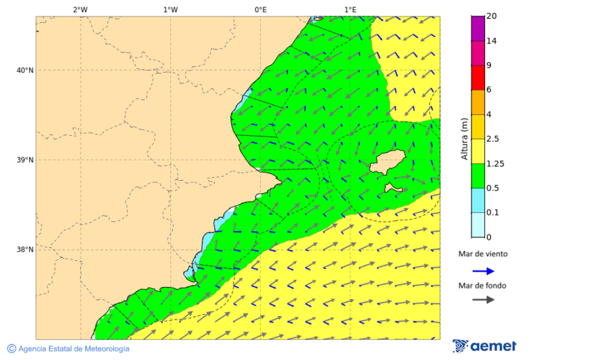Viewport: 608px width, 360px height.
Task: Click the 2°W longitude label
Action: pyautogui.click(x=80, y=9)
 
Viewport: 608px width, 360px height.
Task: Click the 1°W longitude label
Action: pyautogui.click(x=170, y=9)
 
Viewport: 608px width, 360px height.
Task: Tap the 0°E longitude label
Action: pyautogui.click(x=260, y=9)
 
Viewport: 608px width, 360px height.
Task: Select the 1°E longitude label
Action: pyautogui.click(x=350, y=9)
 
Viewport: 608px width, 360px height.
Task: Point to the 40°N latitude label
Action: pyautogui.click(x=25, y=70)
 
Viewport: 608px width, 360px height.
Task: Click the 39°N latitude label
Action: pyautogui.click(x=25, y=160)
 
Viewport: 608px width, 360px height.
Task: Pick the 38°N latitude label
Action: pyautogui.click(x=25, y=250)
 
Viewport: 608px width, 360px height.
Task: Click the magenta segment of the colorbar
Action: pyautogui.click(x=478, y=28)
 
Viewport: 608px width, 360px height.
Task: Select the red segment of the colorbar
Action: pyautogui.click(x=478, y=78)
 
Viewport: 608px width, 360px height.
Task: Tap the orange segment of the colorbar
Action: pyautogui.click(x=478, y=102)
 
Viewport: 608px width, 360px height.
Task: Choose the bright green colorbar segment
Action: pyautogui.click(x=478, y=176)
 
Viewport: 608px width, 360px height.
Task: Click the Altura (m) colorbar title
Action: pyautogui.click(x=464, y=139)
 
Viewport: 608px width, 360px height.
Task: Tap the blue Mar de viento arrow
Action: pyautogui.click(x=483, y=271)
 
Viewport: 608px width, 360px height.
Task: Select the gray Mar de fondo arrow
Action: pyautogui.click(x=483, y=300)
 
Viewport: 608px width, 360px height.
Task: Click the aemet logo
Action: pyautogui.click(x=484, y=346)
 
